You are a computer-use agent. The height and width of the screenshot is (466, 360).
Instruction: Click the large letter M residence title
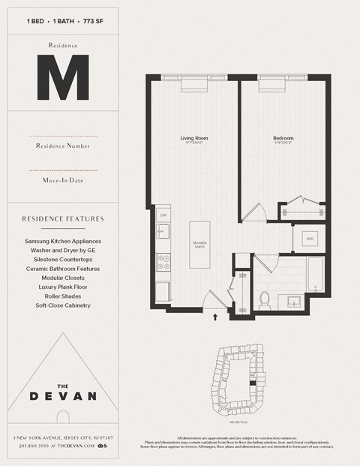(63, 78)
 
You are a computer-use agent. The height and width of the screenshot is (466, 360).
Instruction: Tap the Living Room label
(193, 138)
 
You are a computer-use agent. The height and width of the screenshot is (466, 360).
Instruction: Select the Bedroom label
(283, 138)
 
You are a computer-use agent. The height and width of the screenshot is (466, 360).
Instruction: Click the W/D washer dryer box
(309, 240)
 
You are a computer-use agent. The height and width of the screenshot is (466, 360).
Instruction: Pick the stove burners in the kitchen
(163, 262)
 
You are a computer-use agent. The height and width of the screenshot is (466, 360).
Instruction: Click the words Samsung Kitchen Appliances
(63, 242)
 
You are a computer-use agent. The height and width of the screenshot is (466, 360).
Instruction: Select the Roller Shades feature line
(63, 296)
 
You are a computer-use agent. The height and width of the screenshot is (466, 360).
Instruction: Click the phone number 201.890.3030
(28, 446)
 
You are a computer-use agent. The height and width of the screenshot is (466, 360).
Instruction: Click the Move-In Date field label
(63, 180)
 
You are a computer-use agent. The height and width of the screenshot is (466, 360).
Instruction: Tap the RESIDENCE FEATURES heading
(63, 219)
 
